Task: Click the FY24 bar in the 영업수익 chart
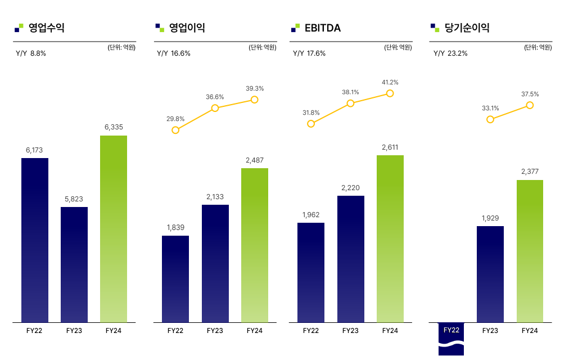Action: [114, 228]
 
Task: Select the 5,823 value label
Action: [74, 199]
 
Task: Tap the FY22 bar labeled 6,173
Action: [35, 240]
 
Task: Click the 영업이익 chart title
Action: [187, 28]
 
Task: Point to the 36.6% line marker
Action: [215, 108]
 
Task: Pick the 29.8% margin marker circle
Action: [175, 130]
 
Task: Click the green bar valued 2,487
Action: [255, 245]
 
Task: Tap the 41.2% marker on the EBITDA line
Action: [390, 93]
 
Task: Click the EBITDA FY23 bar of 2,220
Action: [350, 259]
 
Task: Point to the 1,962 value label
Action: [310, 215]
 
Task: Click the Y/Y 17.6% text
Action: [309, 53]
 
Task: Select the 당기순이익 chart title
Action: [467, 28]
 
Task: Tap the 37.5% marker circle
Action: [530, 105]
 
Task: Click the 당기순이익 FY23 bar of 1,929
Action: [490, 274]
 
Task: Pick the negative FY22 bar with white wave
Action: [451, 340]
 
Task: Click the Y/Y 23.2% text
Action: [450, 53]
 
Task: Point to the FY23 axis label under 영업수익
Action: [74, 331]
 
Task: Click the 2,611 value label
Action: [390, 147]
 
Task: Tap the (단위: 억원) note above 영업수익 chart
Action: [121, 48]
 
